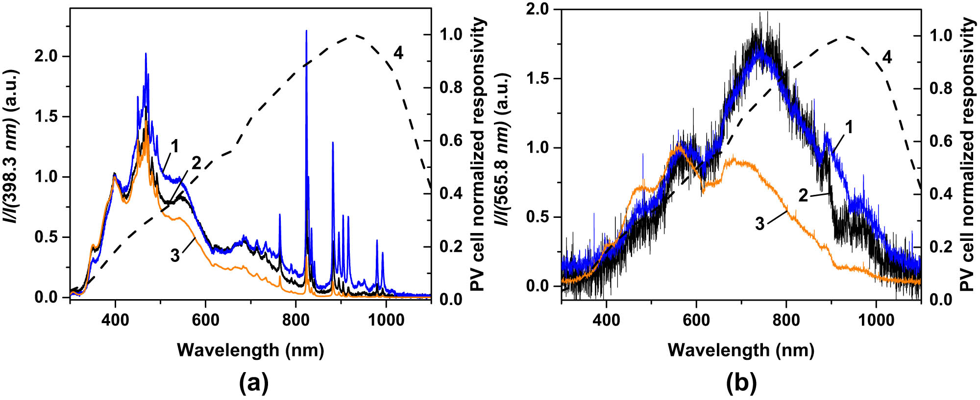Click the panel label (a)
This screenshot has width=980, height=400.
click(254, 383)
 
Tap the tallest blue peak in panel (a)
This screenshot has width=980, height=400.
click(306, 31)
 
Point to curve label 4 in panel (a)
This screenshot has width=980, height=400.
click(398, 53)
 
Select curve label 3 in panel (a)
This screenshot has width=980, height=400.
click(175, 256)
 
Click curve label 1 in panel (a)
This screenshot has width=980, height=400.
click(174, 146)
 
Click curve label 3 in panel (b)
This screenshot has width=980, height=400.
click(759, 224)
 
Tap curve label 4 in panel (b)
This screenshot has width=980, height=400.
click(887, 57)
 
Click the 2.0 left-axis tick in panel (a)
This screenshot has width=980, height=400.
click(46, 56)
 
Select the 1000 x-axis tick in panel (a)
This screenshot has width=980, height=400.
click(386, 321)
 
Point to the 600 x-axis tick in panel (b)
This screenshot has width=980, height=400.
click(696, 321)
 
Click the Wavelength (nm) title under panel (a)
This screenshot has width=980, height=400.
click(250, 350)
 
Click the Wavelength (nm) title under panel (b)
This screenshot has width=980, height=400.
click(741, 350)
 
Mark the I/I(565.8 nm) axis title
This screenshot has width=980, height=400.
click(502, 149)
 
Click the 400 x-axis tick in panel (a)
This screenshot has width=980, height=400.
click(115, 321)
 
